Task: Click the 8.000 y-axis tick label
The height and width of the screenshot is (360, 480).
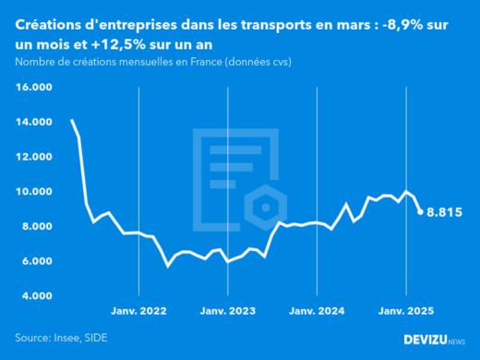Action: point(34,226)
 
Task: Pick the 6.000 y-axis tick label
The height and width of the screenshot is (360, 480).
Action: point(34,261)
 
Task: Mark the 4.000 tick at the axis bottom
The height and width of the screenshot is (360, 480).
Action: point(34,296)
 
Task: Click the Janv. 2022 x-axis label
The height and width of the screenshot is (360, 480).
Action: point(139,312)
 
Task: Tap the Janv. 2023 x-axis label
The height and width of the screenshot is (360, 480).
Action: point(228,312)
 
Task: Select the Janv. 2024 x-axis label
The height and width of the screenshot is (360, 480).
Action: point(317,312)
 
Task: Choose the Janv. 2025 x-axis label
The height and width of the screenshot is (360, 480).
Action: point(405,312)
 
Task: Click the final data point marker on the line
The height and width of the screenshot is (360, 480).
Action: point(420,211)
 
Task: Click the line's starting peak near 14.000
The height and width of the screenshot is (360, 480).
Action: point(72,121)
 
